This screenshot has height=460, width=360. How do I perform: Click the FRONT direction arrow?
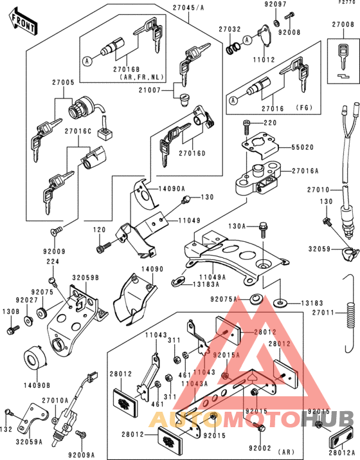point(22,24)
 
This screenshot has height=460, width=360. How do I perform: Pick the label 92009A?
point(80,455)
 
